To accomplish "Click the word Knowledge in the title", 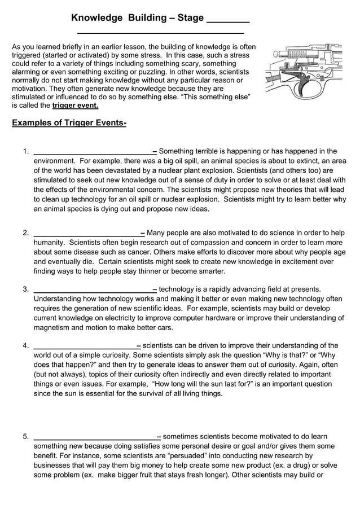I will [96, 18].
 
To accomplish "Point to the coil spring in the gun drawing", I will [300, 54].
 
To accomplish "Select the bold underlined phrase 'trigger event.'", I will [75, 106].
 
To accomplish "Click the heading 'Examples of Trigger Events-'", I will [69, 123].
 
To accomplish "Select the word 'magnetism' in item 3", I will [53, 328].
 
